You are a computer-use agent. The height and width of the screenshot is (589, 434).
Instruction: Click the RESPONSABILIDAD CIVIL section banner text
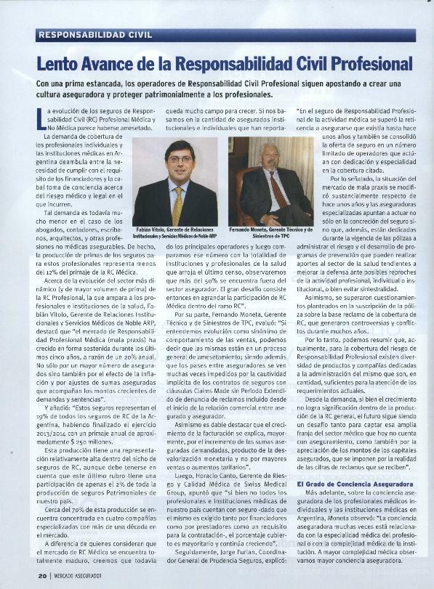tap(95, 34)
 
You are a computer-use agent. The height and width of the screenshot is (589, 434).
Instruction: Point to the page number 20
tap(42, 577)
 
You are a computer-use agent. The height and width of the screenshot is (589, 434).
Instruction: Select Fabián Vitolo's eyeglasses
tap(178, 159)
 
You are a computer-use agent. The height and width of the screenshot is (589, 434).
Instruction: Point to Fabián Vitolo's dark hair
tap(178, 146)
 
